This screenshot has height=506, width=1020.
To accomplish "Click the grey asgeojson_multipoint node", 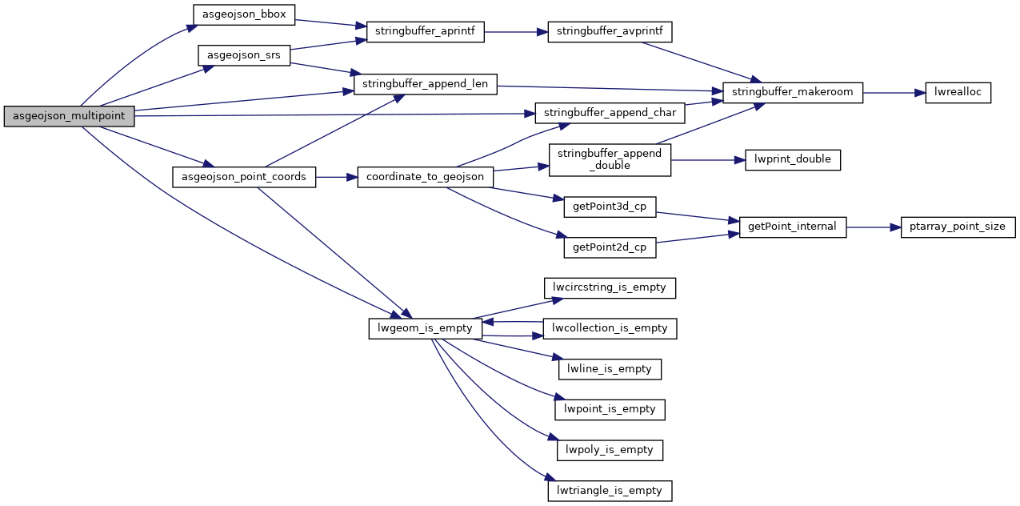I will (x=69, y=116).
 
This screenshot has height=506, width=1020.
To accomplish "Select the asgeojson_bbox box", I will (x=245, y=14).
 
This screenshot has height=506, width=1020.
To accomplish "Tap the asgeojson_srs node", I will (x=244, y=55).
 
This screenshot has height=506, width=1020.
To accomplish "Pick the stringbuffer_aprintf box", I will (x=425, y=32).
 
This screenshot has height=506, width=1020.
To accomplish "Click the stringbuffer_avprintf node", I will (x=610, y=32).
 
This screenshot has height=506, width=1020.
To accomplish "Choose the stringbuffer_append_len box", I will (x=425, y=83).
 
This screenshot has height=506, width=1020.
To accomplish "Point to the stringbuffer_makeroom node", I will (x=793, y=92).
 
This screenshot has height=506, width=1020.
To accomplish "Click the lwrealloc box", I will (x=958, y=92).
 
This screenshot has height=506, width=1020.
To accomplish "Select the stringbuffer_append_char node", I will (x=610, y=112).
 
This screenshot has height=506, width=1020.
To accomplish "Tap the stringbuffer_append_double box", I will (x=610, y=159).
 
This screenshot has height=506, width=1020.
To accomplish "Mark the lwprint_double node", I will (x=793, y=159).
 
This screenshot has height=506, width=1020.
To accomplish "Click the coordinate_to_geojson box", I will (x=425, y=177).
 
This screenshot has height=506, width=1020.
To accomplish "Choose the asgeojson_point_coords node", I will (x=244, y=177).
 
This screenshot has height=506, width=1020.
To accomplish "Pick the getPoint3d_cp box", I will (x=610, y=207).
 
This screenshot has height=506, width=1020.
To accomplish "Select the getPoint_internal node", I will (x=792, y=227).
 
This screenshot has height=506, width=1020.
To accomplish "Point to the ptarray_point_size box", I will (x=958, y=227).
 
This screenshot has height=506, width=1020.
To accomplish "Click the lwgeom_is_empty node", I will (x=425, y=328).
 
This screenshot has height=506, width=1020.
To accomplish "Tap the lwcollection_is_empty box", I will (x=610, y=328).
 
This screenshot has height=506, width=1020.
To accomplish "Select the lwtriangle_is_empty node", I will (x=610, y=491).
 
